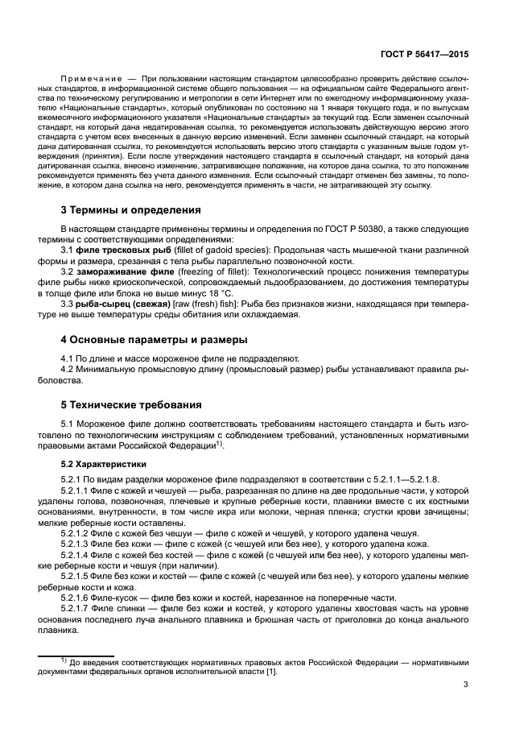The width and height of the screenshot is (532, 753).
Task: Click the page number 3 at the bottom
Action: pos(466,685)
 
